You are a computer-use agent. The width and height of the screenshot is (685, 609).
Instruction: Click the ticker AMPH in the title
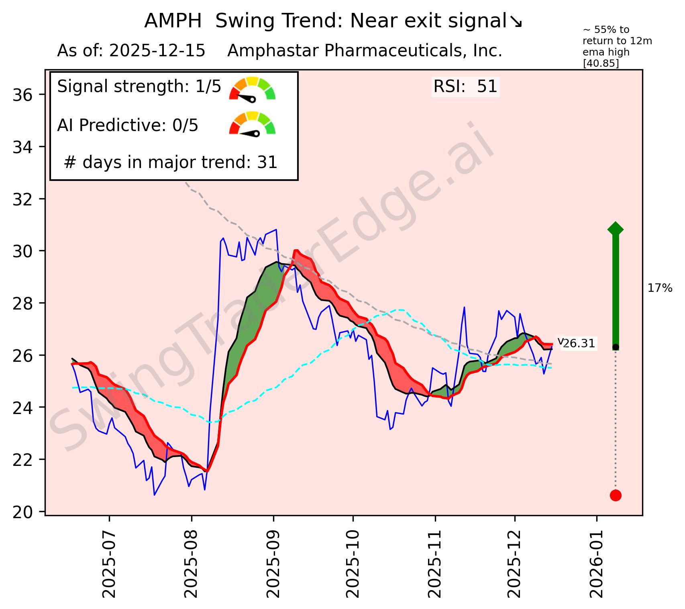[x=173, y=21]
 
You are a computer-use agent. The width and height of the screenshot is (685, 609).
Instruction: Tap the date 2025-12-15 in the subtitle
[x=157, y=51]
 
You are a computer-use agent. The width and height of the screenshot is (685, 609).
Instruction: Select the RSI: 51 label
[x=465, y=87]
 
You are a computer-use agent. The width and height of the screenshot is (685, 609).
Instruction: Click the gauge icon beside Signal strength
[x=252, y=88]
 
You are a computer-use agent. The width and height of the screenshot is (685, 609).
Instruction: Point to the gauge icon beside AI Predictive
[x=252, y=123]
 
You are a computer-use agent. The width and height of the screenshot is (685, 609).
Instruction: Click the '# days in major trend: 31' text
[x=171, y=162]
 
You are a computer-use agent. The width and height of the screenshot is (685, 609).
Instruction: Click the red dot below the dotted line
[x=616, y=495]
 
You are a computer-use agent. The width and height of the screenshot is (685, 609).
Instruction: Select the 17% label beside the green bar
[x=660, y=288]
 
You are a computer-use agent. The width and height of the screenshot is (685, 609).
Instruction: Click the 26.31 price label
[x=579, y=344]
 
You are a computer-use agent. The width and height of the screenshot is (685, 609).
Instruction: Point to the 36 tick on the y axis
[x=24, y=95]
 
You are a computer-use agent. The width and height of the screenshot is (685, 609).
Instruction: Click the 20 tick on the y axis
[x=24, y=512]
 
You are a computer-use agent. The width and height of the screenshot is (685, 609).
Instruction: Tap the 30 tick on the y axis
[x=24, y=251]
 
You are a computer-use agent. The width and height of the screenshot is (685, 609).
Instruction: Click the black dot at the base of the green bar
[x=616, y=347]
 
